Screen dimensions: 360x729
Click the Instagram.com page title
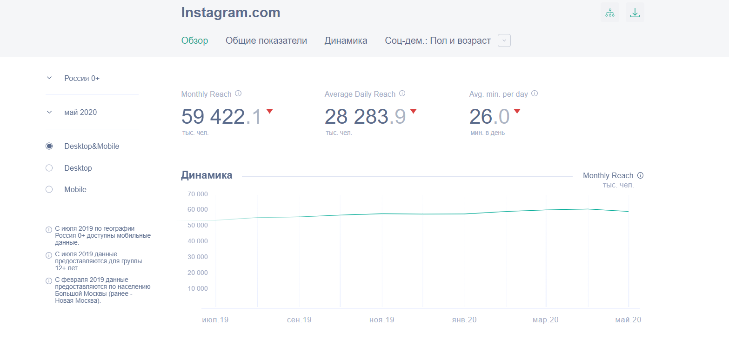pos(230,13)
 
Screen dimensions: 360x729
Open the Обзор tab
pos(194,41)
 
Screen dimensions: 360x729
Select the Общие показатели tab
pos(266,41)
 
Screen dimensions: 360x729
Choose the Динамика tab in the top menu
pos(346,41)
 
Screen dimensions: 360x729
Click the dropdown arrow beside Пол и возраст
pos(504,41)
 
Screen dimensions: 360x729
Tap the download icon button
pos(635,13)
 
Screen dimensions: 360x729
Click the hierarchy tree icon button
pos(609,13)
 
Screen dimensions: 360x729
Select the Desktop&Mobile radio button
pos(49,147)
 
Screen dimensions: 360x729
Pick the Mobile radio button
pos(49,190)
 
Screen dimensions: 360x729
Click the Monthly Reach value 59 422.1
pos(221,117)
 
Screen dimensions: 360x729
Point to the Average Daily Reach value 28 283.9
pos(365,117)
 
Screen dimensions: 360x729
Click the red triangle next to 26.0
pos(517,111)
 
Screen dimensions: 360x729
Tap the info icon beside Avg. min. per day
pos(535,93)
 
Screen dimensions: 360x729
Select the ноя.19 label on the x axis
pos(381,320)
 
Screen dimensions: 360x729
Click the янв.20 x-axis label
pos(464,320)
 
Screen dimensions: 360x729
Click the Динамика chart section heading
pos(207,175)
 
